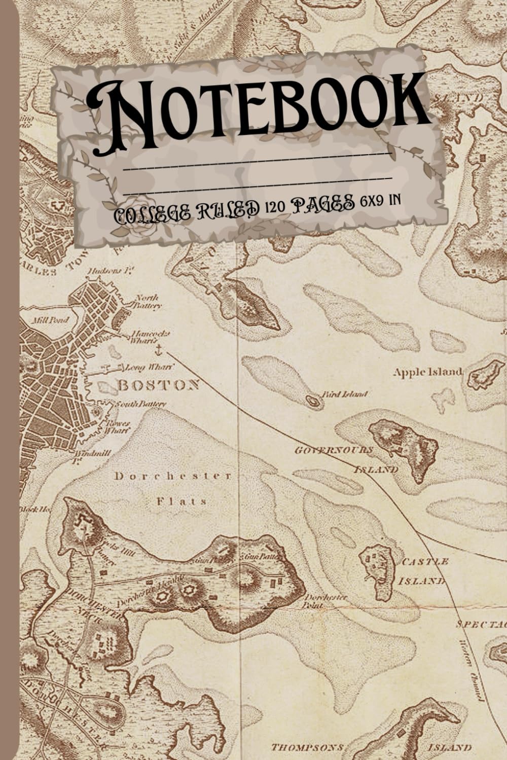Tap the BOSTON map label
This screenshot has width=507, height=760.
[x=158, y=385]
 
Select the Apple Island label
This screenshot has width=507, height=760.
[x=428, y=372]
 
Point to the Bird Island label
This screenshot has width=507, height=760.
[x=344, y=394]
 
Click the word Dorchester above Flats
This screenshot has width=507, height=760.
[x=173, y=476]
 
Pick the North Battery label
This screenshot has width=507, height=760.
[x=147, y=302]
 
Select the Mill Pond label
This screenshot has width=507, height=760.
[x=46, y=320]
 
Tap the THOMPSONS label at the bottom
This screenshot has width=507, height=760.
[x=307, y=747]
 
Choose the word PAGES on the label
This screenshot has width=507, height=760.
[x=322, y=204]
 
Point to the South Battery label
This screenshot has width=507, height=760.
[x=140, y=404]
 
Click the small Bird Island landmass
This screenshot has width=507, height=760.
[x=314, y=402]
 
